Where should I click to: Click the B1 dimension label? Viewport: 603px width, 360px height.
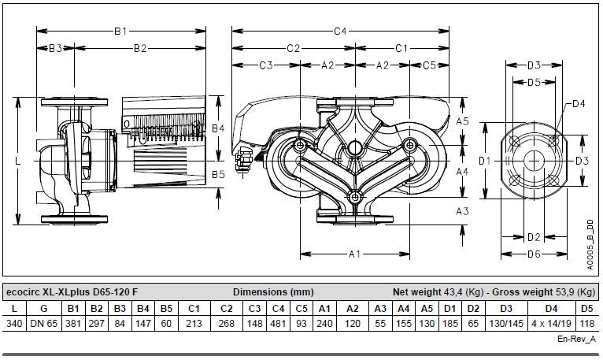click(120, 32)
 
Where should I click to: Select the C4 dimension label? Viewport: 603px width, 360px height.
click(340, 32)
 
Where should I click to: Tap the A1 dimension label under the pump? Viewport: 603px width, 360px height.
click(354, 254)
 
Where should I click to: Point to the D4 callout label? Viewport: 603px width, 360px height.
click(579, 103)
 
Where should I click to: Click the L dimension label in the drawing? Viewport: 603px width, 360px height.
click(17, 161)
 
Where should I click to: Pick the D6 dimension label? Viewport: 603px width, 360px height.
click(534, 254)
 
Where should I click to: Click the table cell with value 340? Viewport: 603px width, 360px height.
click(15, 324)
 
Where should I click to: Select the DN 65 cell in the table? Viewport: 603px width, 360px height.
click(44, 324)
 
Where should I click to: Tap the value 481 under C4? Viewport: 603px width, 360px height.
click(278, 324)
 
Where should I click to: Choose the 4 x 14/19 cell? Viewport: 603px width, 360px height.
click(552, 324)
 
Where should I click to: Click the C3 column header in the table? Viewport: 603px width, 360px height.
click(254, 309)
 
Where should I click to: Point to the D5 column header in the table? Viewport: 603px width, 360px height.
click(586, 309)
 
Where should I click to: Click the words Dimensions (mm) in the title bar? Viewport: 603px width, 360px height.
click(273, 292)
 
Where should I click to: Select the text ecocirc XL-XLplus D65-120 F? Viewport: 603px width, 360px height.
click(72, 292)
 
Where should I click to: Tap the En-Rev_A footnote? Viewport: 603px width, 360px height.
click(576, 339)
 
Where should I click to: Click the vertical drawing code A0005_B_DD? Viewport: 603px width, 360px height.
click(590, 244)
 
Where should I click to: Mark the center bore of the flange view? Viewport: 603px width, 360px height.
click(534, 161)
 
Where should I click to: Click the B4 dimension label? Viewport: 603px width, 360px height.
click(218, 128)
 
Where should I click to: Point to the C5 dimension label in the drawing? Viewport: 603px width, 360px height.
click(429, 65)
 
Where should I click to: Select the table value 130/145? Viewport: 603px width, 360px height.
click(506, 324)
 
